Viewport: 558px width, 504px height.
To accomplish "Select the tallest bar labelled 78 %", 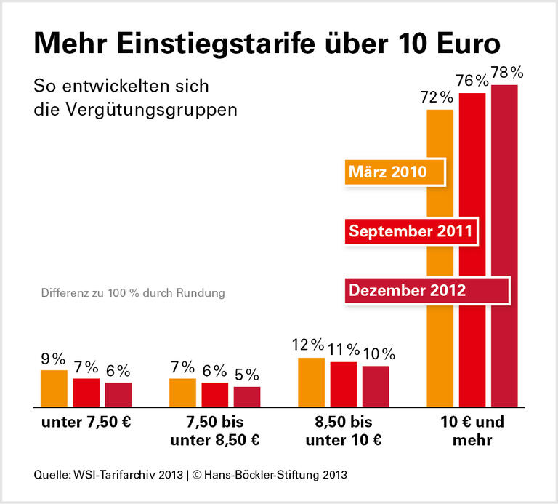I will [x=504, y=247].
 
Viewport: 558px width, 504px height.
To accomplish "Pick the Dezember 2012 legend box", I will [x=425, y=290].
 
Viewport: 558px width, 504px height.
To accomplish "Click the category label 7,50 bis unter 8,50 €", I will [x=214, y=431].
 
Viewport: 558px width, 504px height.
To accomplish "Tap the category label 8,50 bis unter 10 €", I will [x=343, y=431].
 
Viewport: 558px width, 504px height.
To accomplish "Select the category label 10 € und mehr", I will [x=472, y=431].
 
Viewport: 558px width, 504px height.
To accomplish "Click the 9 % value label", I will [x=53, y=359].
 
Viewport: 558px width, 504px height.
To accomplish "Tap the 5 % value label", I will [x=247, y=375].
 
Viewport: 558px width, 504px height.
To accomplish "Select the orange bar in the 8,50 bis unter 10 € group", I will [x=311, y=382].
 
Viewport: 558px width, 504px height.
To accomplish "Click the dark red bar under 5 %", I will [x=247, y=396].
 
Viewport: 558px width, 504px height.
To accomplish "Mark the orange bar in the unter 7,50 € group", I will [x=54, y=388].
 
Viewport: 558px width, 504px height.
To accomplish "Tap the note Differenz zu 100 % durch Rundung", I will [x=133, y=294].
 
